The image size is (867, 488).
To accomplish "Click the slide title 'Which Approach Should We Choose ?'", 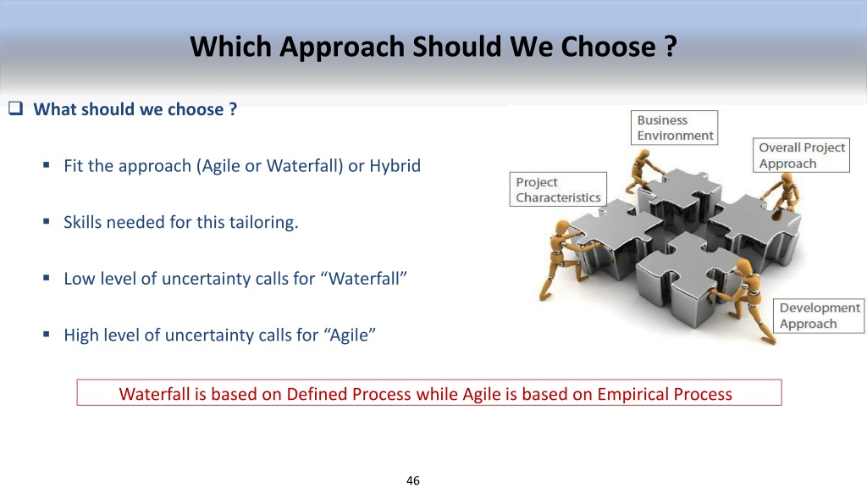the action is [x=433, y=47].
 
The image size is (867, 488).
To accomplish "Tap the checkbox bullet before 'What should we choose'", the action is [x=15, y=108].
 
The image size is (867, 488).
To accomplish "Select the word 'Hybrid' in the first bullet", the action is [x=395, y=166].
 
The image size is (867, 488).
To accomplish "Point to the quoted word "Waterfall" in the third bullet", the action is [x=367, y=278].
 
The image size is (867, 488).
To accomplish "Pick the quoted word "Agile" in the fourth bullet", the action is [x=350, y=335].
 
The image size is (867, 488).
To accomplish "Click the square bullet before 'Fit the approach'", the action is [x=47, y=165].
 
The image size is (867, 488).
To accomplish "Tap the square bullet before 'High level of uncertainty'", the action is [x=47, y=334].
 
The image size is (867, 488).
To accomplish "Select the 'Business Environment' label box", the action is [x=675, y=128].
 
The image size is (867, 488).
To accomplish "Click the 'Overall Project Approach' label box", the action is [x=801, y=156].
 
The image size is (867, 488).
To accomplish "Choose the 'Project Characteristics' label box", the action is [x=558, y=190].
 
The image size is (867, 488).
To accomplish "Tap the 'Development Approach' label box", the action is [x=819, y=316].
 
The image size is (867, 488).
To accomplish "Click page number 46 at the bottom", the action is [x=413, y=480].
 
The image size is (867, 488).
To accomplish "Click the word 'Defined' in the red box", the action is [x=317, y=394].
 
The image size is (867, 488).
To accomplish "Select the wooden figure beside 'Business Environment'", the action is [x=643, y=170].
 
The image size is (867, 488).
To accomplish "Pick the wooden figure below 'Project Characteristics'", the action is [x=564, y=258].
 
